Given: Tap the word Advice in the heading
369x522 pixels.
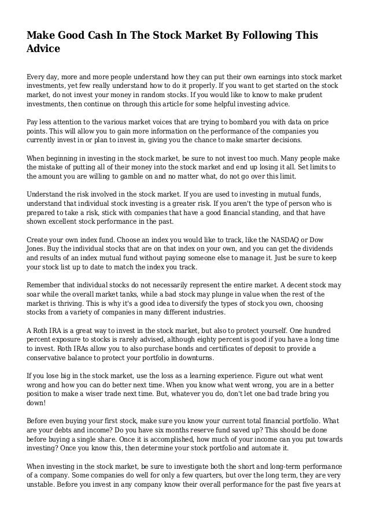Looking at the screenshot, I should (x=43, y=49).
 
